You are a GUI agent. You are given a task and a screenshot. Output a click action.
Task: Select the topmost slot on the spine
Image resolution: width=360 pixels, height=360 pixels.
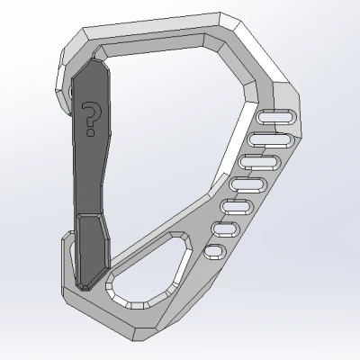(276, 116)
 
